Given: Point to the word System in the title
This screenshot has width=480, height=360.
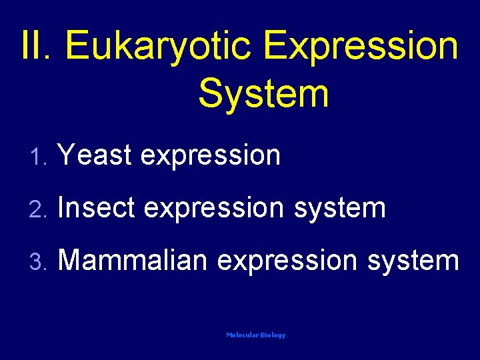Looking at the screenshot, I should pyautogui.click(x=263, y=93).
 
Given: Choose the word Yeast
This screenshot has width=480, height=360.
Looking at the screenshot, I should pyautogui.click(x=95, y=155).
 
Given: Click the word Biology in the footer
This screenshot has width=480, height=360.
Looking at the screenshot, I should pyautogui.click(x=273, y=335).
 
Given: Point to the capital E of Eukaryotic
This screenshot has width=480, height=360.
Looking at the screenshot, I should pyautogui.click(x=78, y=45).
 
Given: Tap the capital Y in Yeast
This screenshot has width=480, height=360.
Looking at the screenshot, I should pyautogui.click(x=67, y=155).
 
